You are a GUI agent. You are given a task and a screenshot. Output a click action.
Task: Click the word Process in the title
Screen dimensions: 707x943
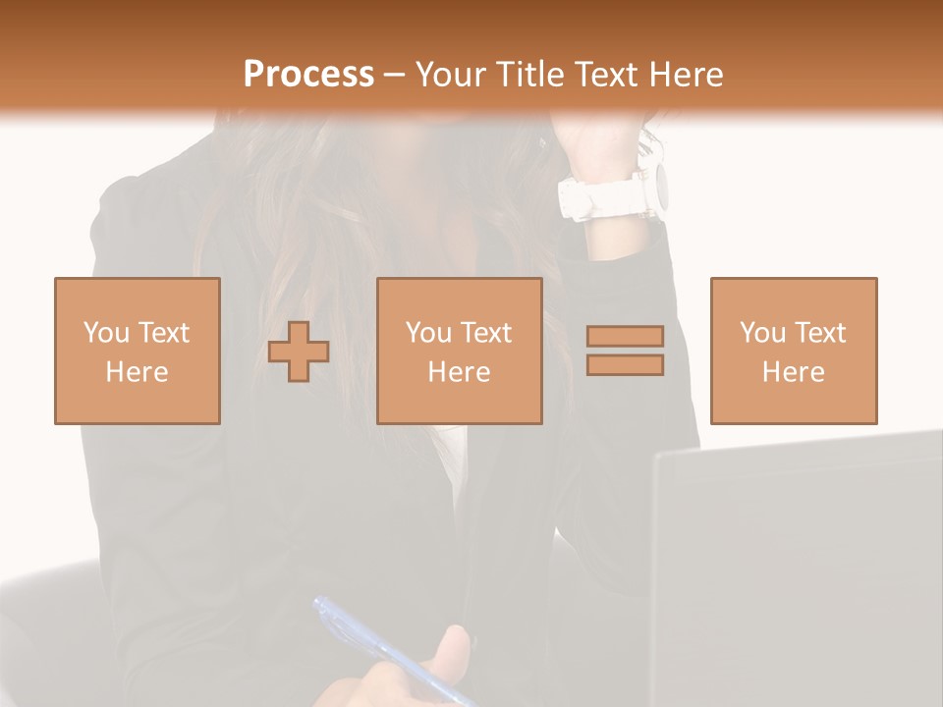[x=308, y=75]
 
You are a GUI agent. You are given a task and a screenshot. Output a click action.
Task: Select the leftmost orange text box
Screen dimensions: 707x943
[x=138, y=351]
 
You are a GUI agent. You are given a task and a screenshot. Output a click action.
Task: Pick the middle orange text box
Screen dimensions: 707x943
[x=460, y=351]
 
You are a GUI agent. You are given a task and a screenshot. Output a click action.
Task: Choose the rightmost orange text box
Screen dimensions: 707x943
[x=794, y=351]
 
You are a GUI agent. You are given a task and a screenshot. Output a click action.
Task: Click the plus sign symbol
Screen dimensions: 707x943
[x=299, y=351]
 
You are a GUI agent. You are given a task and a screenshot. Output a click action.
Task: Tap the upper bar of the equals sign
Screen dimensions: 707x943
[x=625, y=336]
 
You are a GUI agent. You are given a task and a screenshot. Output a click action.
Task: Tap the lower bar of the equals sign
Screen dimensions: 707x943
[x=625, y=364]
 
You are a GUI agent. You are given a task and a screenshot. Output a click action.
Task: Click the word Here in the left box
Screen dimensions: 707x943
[x=138, y=372]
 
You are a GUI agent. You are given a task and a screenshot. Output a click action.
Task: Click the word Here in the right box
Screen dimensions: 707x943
[x=794, y=372]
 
